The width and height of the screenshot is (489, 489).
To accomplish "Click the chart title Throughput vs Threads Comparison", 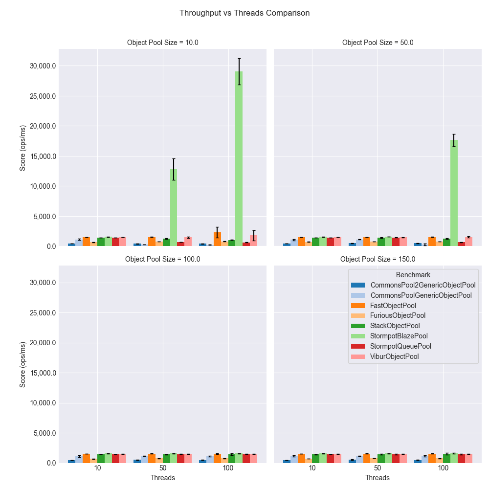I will click(244, 13).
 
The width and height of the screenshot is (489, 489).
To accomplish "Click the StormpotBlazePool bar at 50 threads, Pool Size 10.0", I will click(174, 208).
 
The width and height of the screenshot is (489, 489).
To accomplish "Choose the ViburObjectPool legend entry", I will click(394, 356).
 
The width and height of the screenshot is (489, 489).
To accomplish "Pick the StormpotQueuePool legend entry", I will click(400, 346).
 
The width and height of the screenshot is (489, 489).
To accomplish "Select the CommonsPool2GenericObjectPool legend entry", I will click(422, 285).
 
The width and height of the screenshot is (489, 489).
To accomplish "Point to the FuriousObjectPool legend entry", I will click(398, 316).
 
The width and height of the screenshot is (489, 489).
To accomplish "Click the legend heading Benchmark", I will click(413, 275).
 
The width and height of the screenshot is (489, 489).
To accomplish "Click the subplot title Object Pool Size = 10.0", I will click(163, 43).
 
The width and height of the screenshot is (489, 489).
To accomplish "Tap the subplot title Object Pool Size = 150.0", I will click(378, 259).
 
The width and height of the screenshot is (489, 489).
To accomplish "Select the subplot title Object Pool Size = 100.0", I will click(163, 259).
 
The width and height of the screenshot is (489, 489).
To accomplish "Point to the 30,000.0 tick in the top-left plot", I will click(41, 66).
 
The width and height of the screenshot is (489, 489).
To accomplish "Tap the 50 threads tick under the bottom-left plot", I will click(163, 468).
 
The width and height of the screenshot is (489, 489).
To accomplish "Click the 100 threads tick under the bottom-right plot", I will click(443, 468).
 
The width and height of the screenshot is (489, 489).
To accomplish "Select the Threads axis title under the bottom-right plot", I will click(378, 478).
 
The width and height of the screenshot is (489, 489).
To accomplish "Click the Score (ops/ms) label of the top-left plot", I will click(22, 148).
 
